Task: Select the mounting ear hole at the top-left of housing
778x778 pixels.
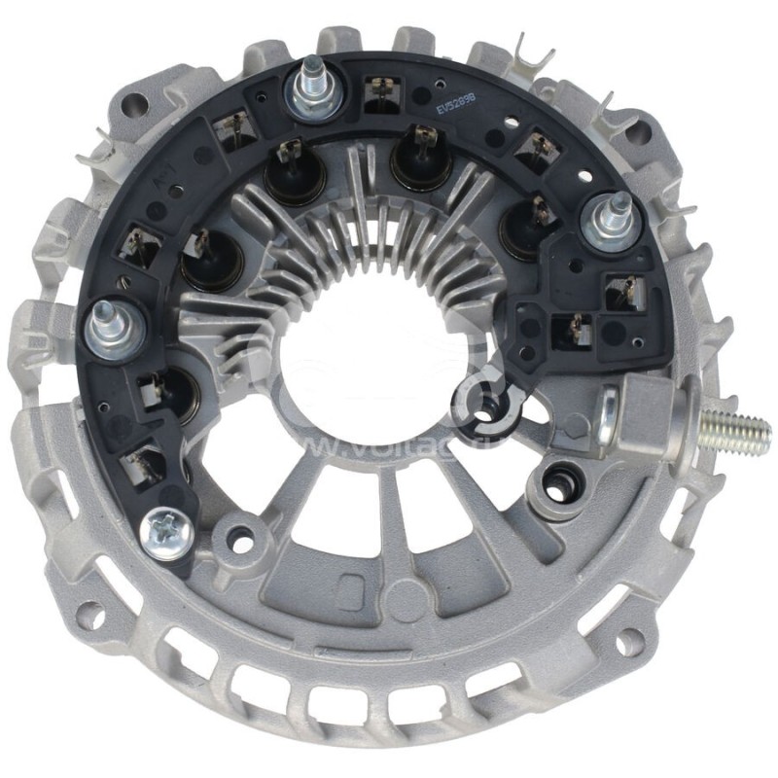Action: tap(136, 100)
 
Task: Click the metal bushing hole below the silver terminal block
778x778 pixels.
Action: tap(559, 478)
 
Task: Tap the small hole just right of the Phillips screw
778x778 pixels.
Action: tap(237, 532)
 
